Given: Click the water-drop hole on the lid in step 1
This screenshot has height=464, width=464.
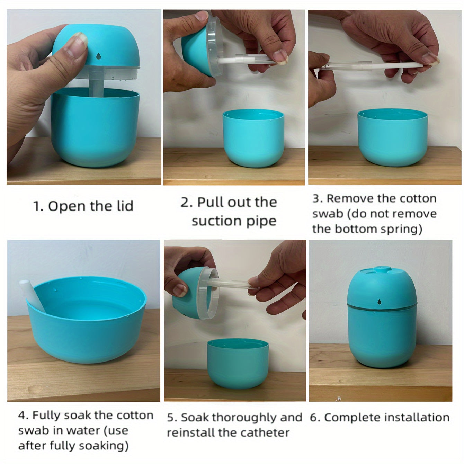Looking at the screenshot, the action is coord(98,56).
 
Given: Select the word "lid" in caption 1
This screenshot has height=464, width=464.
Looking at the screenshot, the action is coord(125,206).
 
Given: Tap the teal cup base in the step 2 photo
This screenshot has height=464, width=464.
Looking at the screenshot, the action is coord(253,138).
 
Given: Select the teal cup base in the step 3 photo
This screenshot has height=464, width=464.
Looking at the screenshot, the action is coord(392,137).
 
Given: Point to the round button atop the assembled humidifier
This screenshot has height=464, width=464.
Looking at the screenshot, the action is coord(382,269).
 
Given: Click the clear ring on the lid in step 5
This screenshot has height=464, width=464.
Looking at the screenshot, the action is coord(208,293).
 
